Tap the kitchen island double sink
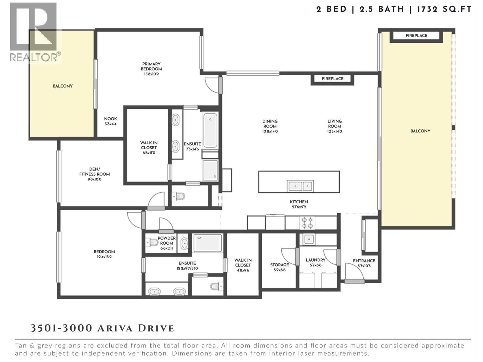(x=300, y=186)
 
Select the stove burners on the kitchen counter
(x=307, y=223)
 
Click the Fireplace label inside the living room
(x=332, y=79)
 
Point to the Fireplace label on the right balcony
(x=416, y=36)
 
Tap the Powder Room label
(x=167, y=241)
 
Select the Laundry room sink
(x=309, y=240)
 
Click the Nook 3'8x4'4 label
(x=110, y=121)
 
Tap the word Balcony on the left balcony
(x=63, y=86)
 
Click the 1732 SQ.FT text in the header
(x=444, y=9)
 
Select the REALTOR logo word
(x=35, y=57)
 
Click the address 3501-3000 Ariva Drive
(x=102, y=328)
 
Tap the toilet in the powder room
(x=151, y=242)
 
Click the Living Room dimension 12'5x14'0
(x=334, y=132)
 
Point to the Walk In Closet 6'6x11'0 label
(x=149, y=148)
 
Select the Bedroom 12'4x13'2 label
(x=104, y=254)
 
